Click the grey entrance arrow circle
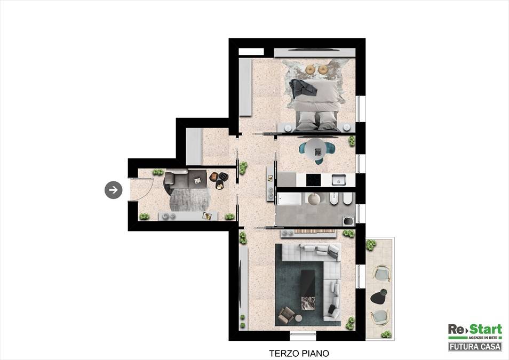pyautogui.click(x=113, y=190)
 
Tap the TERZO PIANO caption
pyautogui.click(x=299, y=353)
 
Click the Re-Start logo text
pyautogui.click(x=475, y=330)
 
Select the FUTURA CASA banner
pyautogui.click(x=475, y=347)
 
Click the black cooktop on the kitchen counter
pyautogui.click(x=314, y=180)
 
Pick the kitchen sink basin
pyautogui.click(x=338, y=180)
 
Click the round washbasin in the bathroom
pyautogui.click(x=314, y=198)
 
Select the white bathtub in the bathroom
pyautogui.click(x=290, y=198)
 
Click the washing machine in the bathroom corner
pyautogui.click(x=349, y=220)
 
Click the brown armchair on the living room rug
pyautogui.click(x=286, y=315)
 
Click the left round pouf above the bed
pyautogui.click(x=311, y=69)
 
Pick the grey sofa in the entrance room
pyautogui.click(x=185, y=179)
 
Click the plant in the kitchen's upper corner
pyautogui.click(x=352, y=141)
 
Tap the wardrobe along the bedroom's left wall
pyautogui.click(x=245, y=87)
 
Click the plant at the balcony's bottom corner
pyautogui.click(x=386, y=334)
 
